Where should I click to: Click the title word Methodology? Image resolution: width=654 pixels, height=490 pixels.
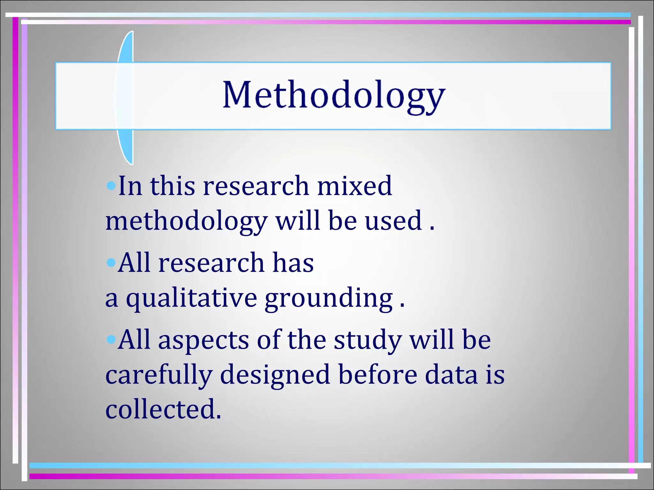334,95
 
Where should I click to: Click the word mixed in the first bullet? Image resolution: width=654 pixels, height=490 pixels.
354,186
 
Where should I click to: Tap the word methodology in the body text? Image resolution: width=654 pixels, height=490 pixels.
186,221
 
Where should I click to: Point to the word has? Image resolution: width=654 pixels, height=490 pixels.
293,263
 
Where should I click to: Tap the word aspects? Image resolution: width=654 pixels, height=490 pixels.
203,340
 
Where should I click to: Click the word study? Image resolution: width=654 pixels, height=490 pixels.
368,340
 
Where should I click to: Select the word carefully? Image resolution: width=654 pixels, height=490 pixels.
159,375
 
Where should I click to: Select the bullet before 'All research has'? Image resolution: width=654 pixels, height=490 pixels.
110,263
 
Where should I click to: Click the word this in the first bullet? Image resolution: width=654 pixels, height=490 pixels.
172,186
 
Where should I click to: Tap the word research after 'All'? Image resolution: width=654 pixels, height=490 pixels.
211,263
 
